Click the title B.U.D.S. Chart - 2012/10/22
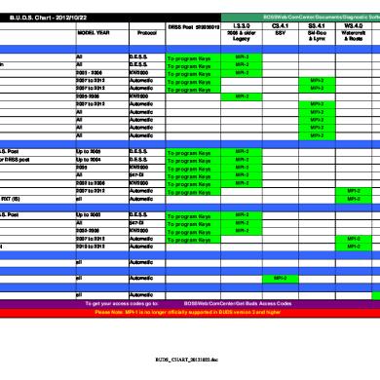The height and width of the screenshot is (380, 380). (46, 19)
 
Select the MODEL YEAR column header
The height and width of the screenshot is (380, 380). (94, 32)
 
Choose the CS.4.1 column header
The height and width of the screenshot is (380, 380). (279, 26)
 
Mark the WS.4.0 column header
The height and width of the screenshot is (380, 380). (353, 26)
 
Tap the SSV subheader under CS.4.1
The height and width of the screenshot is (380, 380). (279, 34)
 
